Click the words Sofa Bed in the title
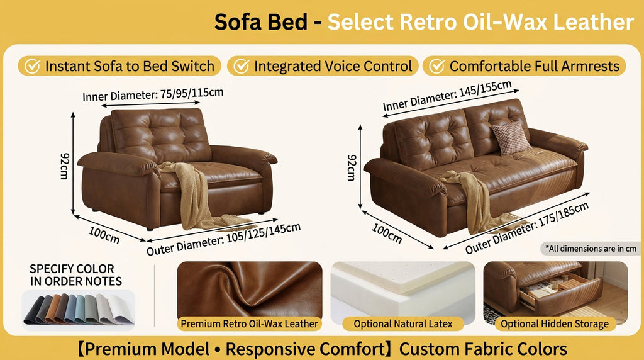[x=261, y=22]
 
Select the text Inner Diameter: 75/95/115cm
[x=153, y=95]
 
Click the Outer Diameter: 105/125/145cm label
[x=223, y=239]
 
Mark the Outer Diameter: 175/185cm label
[x=527, y=227]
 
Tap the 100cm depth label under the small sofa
[x=104, y=237]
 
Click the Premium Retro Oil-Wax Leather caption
[x=250, y=324]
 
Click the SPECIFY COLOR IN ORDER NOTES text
[x=76, y=275]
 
